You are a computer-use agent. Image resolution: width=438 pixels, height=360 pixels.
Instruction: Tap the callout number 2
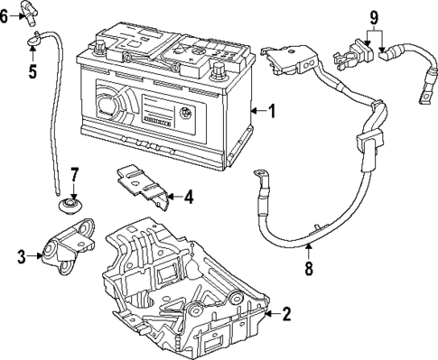click(286, 315)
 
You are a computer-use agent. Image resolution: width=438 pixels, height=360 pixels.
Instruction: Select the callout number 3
click(20, 257)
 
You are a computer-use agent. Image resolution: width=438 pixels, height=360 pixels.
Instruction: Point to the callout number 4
click(189, 195)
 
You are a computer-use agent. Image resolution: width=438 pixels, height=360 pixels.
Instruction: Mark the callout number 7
click(75, 173)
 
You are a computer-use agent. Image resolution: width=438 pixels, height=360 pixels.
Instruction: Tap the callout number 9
click(374, 15)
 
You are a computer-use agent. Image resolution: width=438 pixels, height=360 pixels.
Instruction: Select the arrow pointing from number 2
click(270, 315)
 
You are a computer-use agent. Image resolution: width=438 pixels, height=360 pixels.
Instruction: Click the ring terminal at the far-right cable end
click(423, 89)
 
